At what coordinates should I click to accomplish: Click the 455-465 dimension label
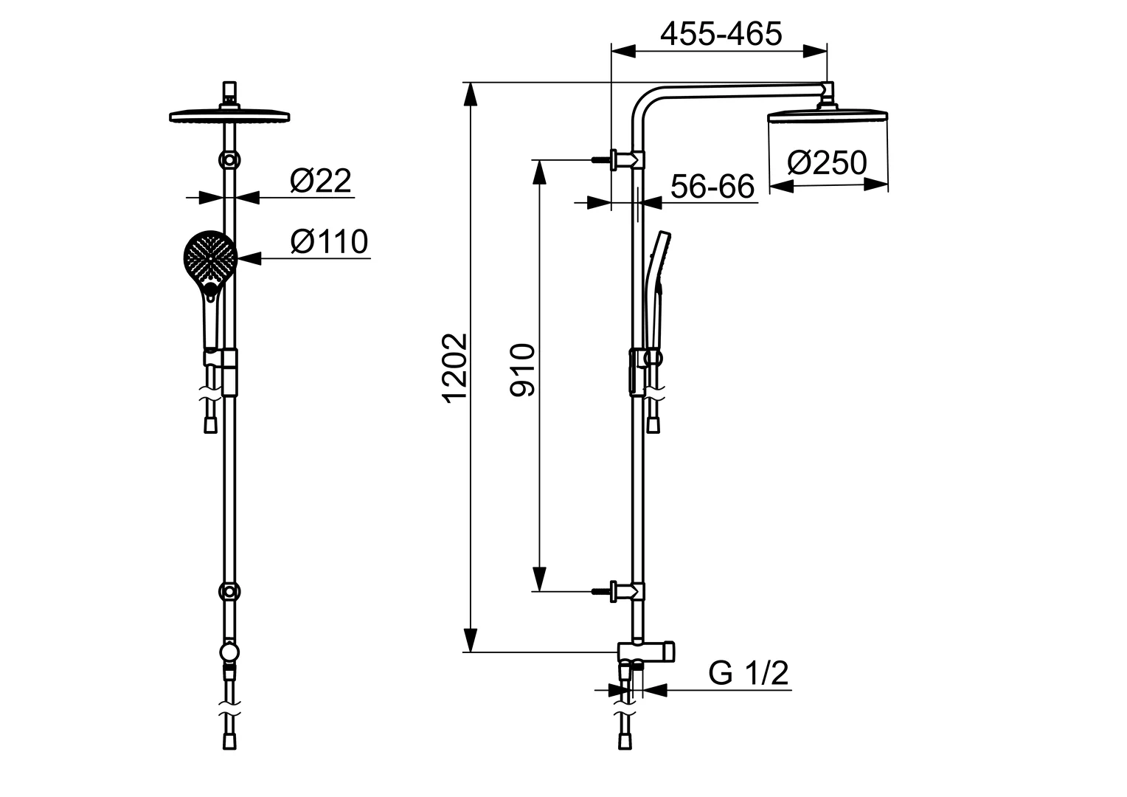coord(720,34)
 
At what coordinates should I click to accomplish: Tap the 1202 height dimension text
coord(457,367)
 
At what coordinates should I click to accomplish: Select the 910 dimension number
coord(523,370)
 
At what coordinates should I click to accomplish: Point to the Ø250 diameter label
coord(826,163)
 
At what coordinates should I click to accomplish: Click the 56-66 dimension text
coord(712,187)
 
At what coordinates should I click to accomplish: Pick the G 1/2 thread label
coord(749,673)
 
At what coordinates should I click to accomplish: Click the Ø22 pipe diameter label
coord(320,181)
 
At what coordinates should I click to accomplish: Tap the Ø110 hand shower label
coord(329,241)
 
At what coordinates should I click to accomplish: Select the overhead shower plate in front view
coord(229,116)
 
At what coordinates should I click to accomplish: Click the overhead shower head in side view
coord(827,117)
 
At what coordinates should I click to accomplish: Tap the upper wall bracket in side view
coord(625,159)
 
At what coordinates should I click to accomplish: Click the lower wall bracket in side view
coord(625,590)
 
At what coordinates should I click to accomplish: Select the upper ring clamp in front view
coord(230,160)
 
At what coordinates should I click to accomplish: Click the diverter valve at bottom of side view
coord(646,651)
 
